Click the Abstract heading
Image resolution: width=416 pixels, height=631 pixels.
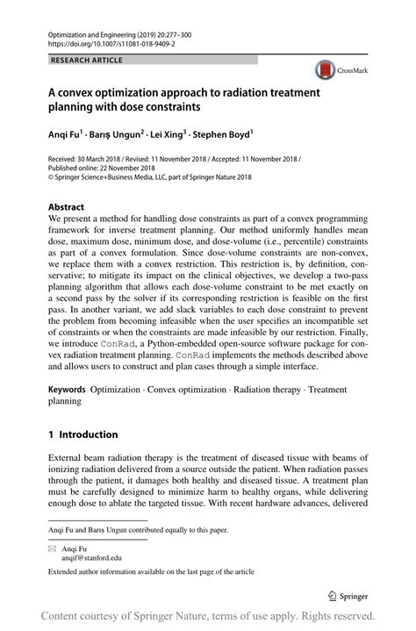point(67,207)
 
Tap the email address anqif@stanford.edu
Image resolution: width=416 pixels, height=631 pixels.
point(92,556)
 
